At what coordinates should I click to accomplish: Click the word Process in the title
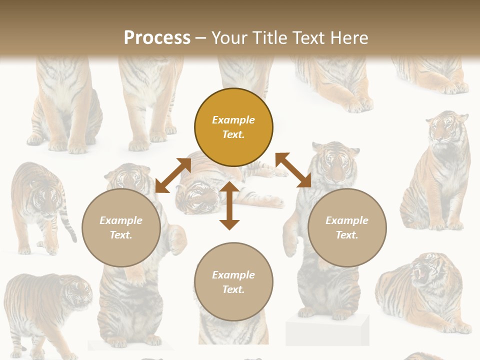click(157, 38)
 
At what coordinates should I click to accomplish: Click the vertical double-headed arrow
click(229, 205)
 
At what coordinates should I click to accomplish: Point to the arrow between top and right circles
click(293, 170)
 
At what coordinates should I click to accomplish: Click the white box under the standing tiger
click(327, 330)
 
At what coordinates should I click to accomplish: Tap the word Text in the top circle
click(233, 134)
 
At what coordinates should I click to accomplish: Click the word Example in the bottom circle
click(233, 274)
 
